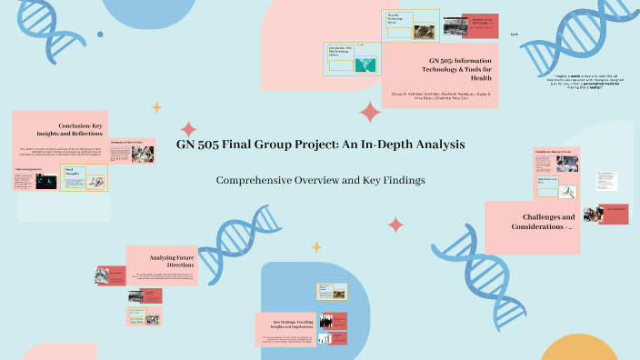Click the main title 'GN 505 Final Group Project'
pyautogui.click(x=320, y=145)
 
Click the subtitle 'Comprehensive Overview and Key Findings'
pyautogui.click(x=320, y=180)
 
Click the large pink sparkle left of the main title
pyautogui.click(x=188, y=130)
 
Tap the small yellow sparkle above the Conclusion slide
pyautogui.click(x=156, y=107)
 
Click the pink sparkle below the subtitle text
pyautogui.click(x=395, y=225)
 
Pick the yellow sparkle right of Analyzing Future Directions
pyautogui.click(x=316, y=246)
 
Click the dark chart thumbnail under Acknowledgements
pyautogui.click(x=45, y=182)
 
